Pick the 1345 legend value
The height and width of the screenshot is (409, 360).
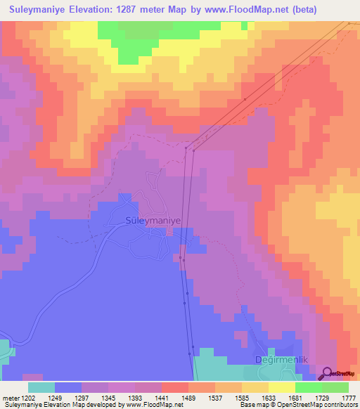coord(107,397)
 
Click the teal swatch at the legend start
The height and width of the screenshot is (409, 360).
coord(41,387)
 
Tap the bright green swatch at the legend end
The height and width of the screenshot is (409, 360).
coord(335,387)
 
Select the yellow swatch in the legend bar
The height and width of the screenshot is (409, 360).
coord(282,387)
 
